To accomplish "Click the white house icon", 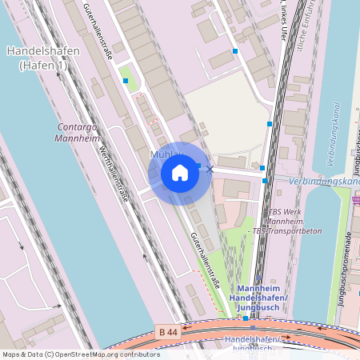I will [180, 173].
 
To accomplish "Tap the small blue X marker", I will [210, 169].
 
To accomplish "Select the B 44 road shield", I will [167, 332].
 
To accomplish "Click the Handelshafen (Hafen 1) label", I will [42, 58].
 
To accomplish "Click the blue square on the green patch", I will [126, 80].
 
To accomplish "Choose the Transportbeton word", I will [286, 230].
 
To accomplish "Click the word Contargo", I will [78, 127].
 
